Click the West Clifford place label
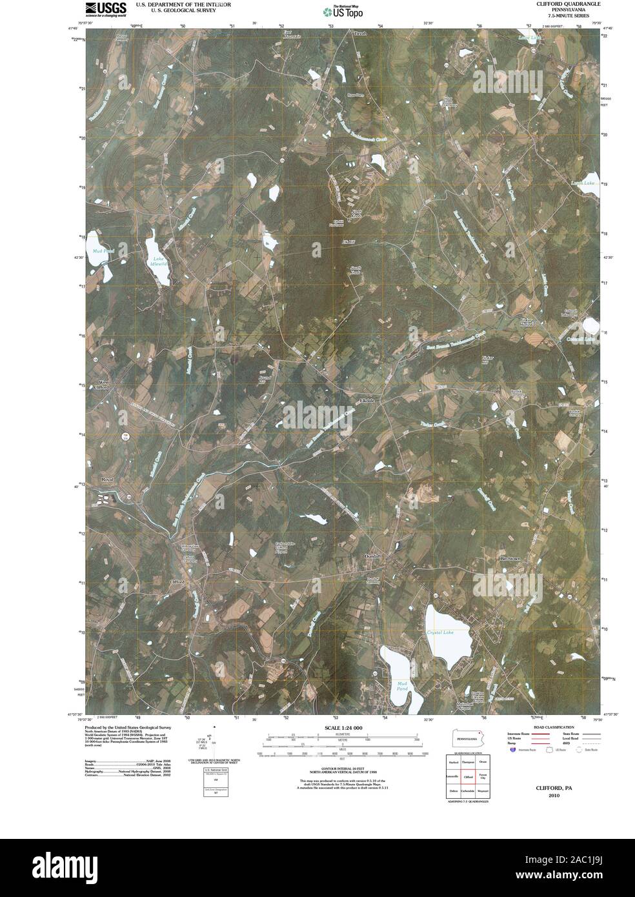click(101, 385)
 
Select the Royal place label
click(106, 479)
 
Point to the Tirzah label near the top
click(359, 32)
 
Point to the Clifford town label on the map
click(177, 581)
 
